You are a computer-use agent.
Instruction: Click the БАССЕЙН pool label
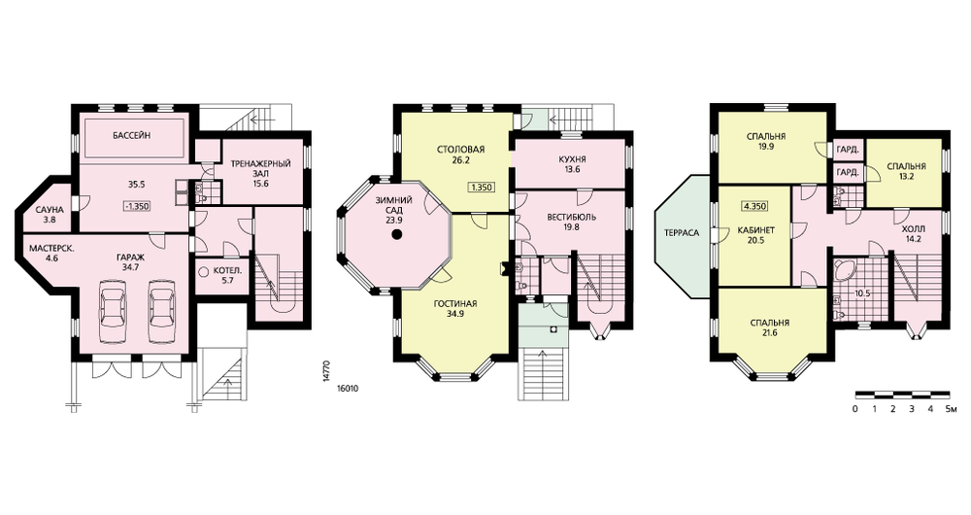[x=131, y=135]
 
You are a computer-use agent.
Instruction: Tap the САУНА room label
[x=50, y=214]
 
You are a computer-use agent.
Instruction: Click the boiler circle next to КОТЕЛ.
[x=204, y=271]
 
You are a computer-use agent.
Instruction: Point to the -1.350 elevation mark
[x=136, y=206]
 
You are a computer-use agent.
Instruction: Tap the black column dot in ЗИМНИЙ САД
[x=397, y=234]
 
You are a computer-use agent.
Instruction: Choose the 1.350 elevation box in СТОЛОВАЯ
[x=482, y=188]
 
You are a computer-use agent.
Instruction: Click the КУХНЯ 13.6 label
[x=572, y=164]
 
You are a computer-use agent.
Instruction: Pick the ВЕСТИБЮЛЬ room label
[x=572, y=222]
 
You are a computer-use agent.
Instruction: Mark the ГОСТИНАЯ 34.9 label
[x=455, y=309]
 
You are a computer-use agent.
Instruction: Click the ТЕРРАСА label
[x=682, y=233]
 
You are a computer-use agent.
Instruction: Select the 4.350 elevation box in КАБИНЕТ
[x=755, y=206]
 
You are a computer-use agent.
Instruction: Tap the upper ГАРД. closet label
[x=847, y=150]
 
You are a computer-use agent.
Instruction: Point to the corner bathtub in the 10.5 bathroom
[x=845, y=270]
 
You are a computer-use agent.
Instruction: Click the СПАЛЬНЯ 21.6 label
[x=769, y=327]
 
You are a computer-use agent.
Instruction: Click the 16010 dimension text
[x=348, y=390]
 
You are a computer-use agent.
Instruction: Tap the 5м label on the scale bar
[x=953, y=409]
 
